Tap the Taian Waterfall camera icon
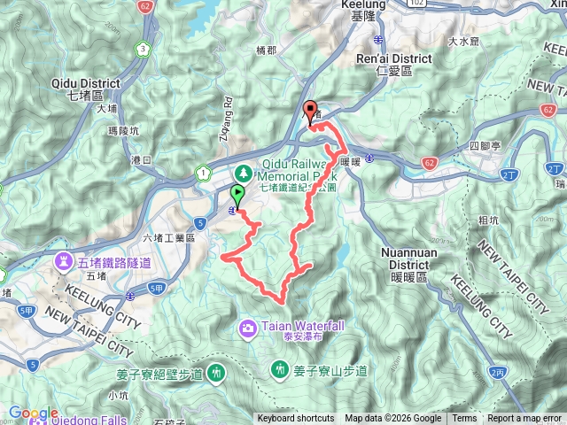point(249,328)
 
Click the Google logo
point(34,413)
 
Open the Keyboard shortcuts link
point(296,419)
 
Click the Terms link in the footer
point(464,419)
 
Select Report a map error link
point(525,419)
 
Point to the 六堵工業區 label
point(167,237)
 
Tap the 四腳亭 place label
point(485,144)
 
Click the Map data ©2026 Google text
point(393,419)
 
